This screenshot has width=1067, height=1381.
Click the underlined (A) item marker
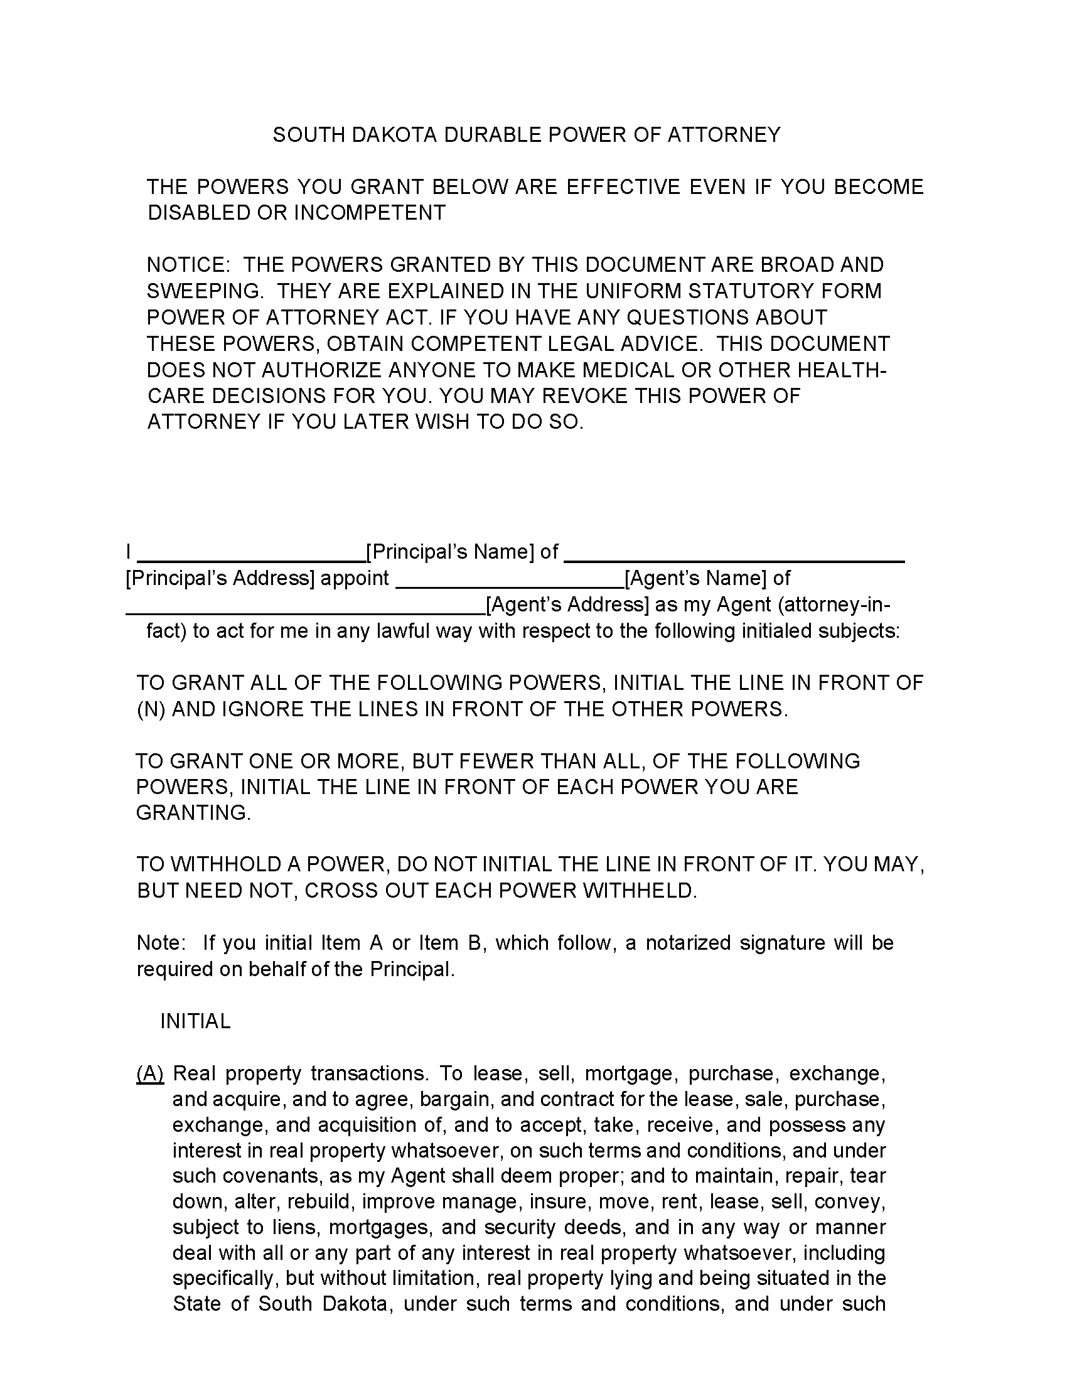pyautogui.click(x=150, y=1073)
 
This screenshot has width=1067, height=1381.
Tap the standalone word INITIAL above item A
pyautogui.click(x=195, y=1021)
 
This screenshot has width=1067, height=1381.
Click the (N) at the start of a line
pyautogui.click(x=151, y=709)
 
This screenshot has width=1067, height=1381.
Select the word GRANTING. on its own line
pyautogui.click(x=193, y=813)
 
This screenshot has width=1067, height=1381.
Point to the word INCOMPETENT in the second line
pyautogui.click(x=370, y=213)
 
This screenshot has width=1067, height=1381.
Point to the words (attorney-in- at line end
pyautogui.click(x=834, y=605)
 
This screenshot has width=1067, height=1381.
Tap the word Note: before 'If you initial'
pyautogui.click(x=161, y=943)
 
